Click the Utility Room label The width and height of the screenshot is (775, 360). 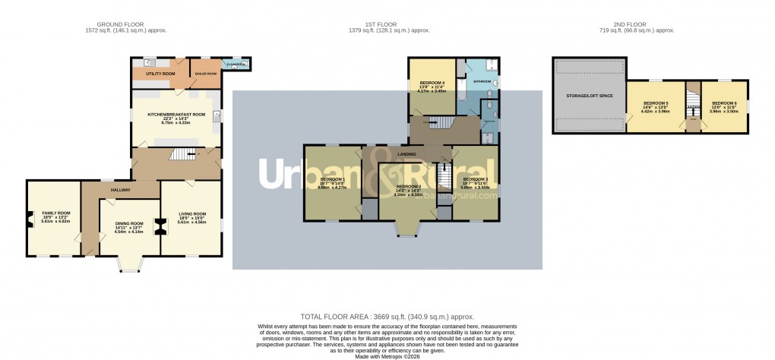pos(160,73)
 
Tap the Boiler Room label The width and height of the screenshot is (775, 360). pos(206,73)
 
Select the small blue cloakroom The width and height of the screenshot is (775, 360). pos(236,65)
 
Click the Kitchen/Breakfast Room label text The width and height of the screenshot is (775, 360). pos(176,115)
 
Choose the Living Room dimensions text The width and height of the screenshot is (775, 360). pos(191,222)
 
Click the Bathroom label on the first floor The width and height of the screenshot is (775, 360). pos(482,81)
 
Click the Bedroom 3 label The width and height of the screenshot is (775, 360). pos(476,179)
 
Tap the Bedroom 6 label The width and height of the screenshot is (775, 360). pos(724,103)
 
